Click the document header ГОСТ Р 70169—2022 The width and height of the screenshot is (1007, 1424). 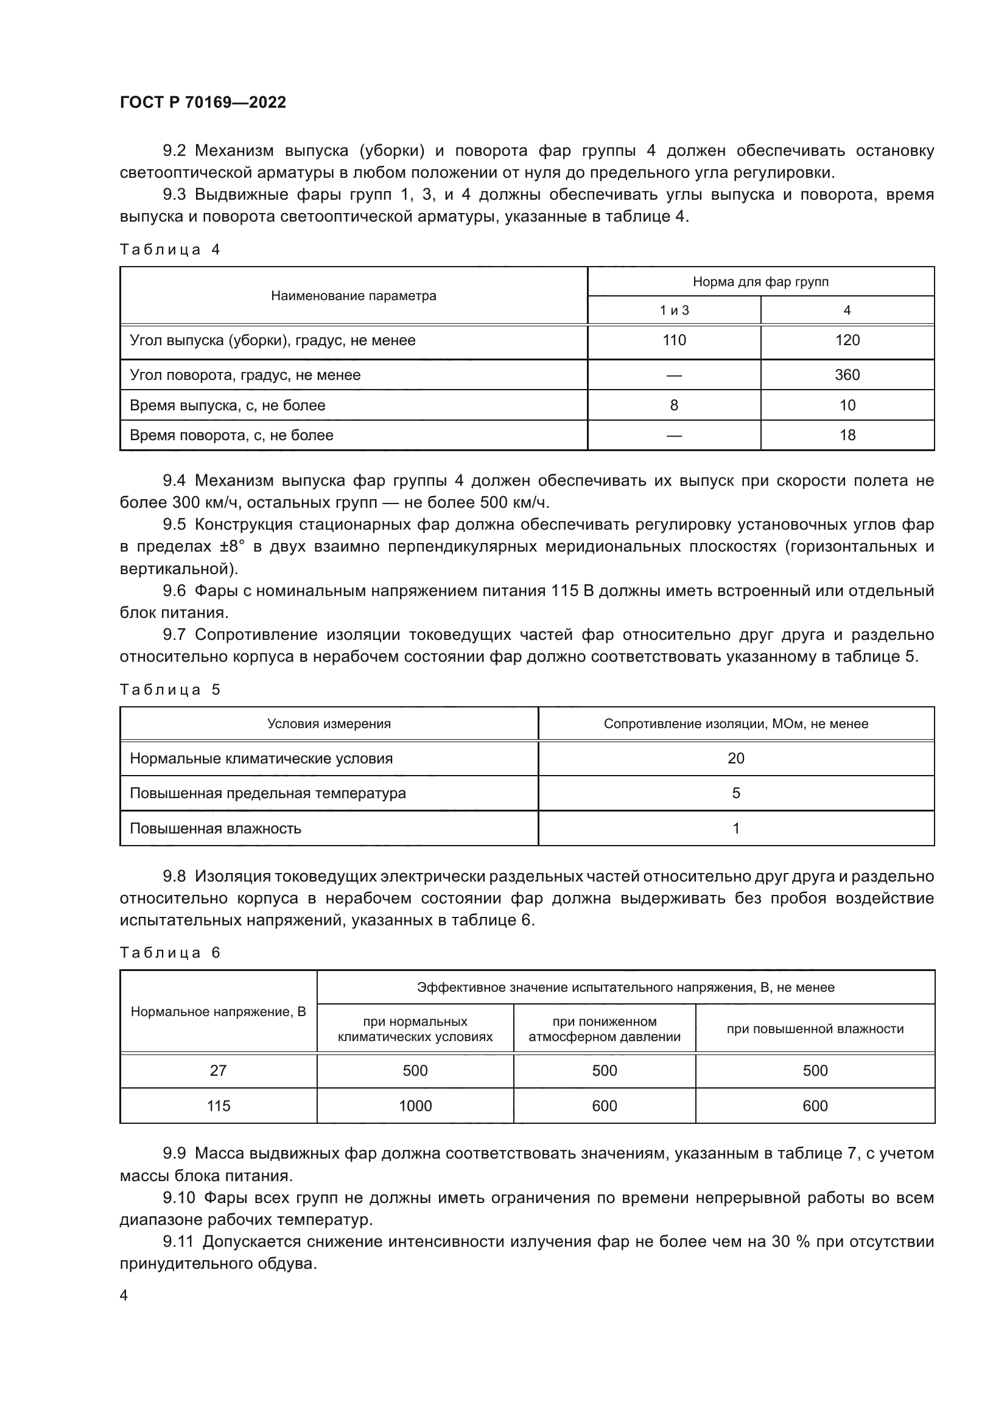(203, 102)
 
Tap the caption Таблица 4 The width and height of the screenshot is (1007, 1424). (170, 250)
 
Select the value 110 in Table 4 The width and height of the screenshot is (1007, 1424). (673, 340)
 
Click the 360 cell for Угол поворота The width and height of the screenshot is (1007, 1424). (846, 374)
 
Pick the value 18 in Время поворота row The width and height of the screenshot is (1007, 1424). (847, 435)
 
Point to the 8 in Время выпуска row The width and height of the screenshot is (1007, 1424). (673, 405)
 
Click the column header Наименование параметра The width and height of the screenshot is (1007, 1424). (354, 296)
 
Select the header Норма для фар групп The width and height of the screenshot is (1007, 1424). (760, 282)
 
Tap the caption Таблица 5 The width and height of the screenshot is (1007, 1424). (170, 690)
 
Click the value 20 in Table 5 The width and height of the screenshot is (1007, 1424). (735, 758)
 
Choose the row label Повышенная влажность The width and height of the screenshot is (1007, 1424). (215, 828)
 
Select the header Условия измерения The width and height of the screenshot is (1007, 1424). (329, 723)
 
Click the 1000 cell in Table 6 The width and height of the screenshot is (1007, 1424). (415, 1105)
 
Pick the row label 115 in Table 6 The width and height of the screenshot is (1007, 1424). (219, 1105)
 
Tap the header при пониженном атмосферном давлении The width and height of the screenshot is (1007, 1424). (604, 1029)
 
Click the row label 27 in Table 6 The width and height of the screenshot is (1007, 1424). (219, 1070)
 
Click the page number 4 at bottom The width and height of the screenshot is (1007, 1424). (124, 1295)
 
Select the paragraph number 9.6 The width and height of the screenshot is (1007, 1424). (174, 591)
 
